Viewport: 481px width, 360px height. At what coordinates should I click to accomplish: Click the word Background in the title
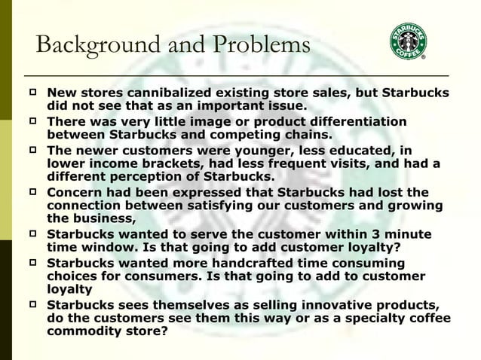95,45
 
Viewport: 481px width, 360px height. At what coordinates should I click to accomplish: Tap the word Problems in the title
259,45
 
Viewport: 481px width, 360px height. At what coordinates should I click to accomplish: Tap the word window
110,247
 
